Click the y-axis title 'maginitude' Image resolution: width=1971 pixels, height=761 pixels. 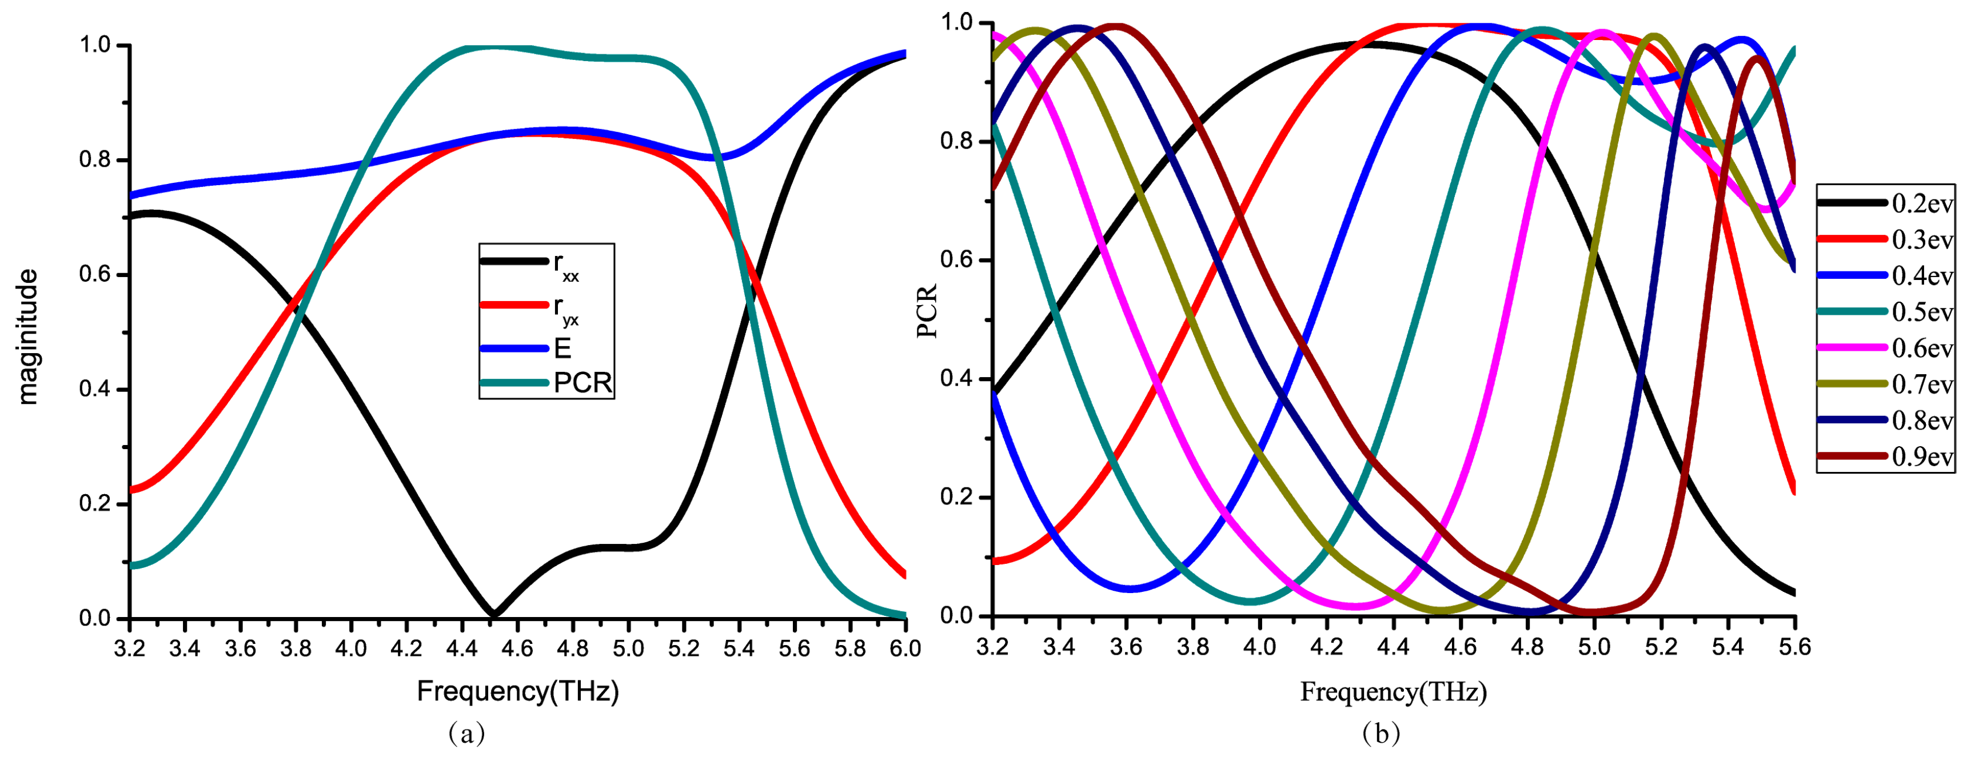point(27,337)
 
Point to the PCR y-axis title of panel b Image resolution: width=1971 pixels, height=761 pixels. point(927,311)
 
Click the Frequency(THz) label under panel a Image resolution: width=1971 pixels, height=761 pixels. point(517,691)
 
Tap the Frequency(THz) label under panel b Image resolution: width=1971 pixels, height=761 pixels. point(1393,691)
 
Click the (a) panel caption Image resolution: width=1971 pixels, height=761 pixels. point(466,732)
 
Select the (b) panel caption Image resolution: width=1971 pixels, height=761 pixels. point(1381,732)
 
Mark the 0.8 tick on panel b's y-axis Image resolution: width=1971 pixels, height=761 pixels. point(956,142)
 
